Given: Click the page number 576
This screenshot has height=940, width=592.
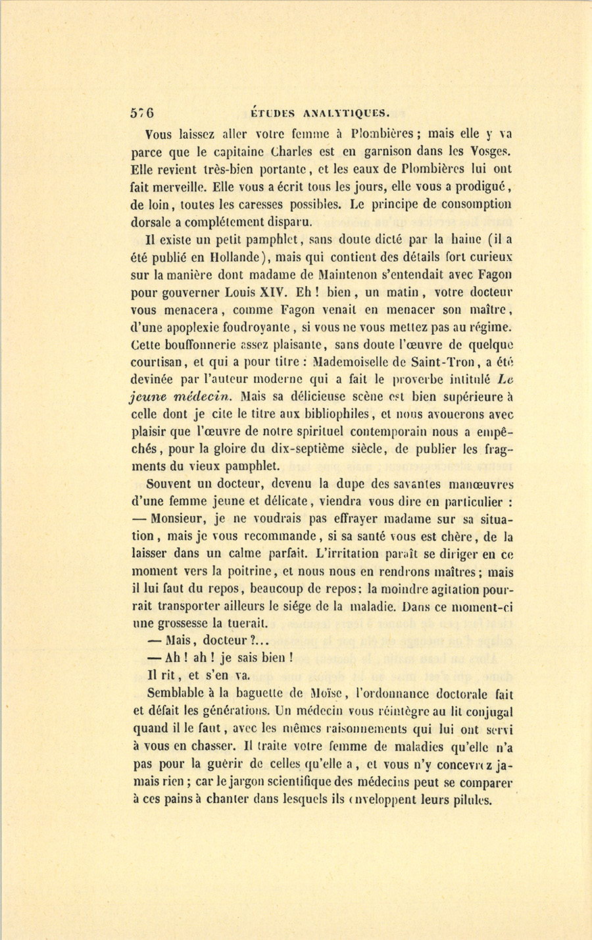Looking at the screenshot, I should click(142, 112).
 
